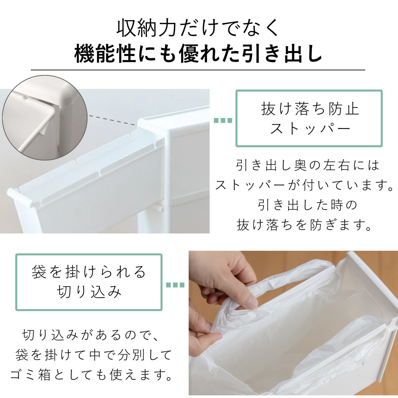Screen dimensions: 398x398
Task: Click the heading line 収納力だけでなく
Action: (x=199, y=28)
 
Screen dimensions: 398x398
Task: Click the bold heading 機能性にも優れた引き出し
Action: (x=199, y=54)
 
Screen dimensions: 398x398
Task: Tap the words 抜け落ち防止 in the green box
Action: (x=310, y=109)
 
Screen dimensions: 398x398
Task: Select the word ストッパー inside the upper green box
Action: (x=310, y=128)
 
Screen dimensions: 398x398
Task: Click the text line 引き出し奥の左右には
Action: (x=307, y=165)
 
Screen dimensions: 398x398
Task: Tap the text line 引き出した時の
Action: (x=307, y=205)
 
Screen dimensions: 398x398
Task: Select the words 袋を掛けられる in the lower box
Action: (x=89, y=272)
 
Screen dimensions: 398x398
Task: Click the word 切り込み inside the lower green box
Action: (x=89, y=292)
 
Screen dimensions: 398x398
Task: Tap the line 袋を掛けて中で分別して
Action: (x=94, y=355)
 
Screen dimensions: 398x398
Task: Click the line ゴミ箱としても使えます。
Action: (x=92, y=375)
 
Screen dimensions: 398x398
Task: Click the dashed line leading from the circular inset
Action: (x=113, y=120)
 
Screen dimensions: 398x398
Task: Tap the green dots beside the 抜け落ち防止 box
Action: (x=223, y=121)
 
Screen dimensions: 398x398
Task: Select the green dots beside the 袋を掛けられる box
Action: (x=175, y=285)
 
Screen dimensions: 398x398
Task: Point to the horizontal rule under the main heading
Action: (x=198, y=70)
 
